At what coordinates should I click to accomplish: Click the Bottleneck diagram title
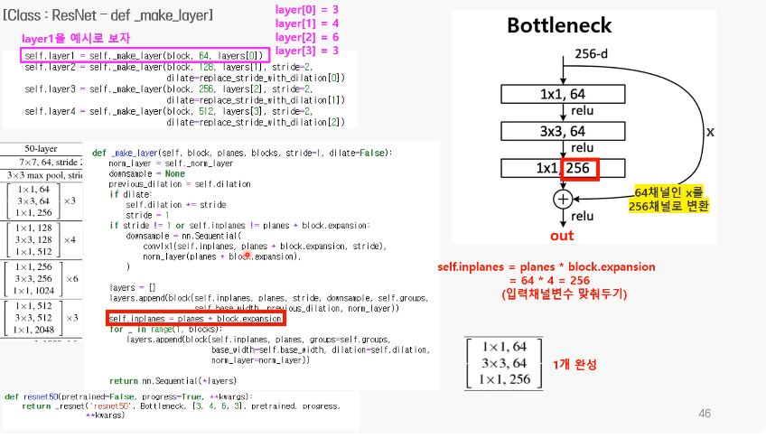(x=559, y=25)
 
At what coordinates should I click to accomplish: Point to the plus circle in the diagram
(x=564, y=198)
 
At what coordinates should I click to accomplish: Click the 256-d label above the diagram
(x=591, y=54)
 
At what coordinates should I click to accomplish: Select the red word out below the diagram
(x=562, y=236)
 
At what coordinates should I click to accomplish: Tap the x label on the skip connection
(x=710, y=132)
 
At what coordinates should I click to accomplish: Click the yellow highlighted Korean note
(x=670, y=199)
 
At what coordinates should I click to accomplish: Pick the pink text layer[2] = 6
(x=307, y=37)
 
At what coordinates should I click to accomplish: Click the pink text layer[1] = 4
(x=307, y=23)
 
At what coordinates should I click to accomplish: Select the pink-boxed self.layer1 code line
(x=145, y=55)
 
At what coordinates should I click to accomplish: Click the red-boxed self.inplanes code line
(x=195, y=319)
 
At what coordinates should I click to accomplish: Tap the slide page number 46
(x=705, y=414)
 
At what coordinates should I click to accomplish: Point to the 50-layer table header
(x=42, y=147)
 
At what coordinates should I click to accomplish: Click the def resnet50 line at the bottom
(x=128, y=396)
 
